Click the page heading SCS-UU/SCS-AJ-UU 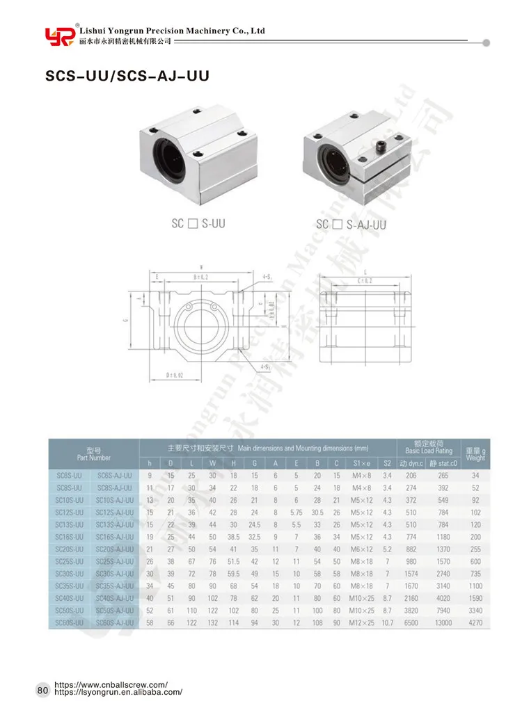coord(127,76)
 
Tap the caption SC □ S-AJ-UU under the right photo coord(351,224)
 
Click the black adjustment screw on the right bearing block coord(382,148)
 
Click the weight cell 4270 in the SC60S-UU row coord(475,622)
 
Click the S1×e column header coord(361,462)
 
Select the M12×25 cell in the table coord(361,622)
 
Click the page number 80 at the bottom coord(42,691)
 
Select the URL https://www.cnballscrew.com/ coord(111,684)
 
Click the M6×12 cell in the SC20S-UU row coord(361,549)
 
